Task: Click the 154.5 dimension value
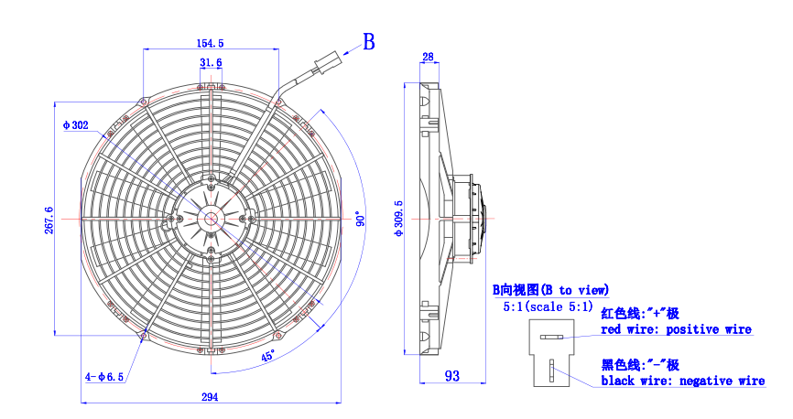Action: pos(211,43)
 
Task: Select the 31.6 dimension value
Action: pos(211,62)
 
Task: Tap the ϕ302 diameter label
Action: pos(75,125)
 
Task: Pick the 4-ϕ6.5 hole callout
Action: pos(104,376)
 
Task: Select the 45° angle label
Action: pos(267,355)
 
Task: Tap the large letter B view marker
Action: pos(368,41)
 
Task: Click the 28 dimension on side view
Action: pos(428,57)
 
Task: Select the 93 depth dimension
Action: pos(452,375)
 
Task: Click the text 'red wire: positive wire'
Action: pos(676,329)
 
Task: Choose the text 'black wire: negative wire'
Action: pos(682,381)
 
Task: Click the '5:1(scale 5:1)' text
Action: pos(548,306)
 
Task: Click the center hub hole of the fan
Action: pos(212,219)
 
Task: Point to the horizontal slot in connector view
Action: pos(551,338)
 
